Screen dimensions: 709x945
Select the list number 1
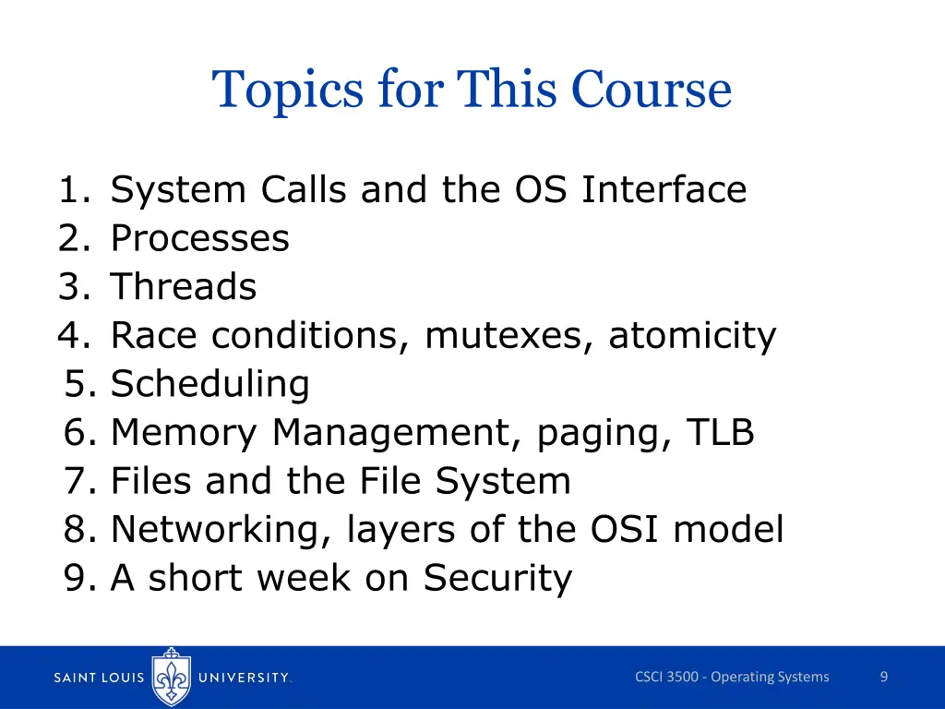(73, 190)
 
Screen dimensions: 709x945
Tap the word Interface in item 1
(664, 190)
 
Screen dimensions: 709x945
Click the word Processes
(199, 239)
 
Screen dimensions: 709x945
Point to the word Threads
(184, 287)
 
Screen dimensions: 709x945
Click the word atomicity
(692, 336)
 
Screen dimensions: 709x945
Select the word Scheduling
(209, 384)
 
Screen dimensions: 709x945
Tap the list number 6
(79, 433)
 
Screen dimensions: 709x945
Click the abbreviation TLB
(719, 433)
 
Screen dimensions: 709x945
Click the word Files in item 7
(152, 481)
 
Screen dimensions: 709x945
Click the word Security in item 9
(497, 579)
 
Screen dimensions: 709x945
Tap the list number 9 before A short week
(79, 579)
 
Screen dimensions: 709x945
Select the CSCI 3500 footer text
(732, 678)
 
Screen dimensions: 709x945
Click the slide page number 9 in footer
(883, 678)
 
